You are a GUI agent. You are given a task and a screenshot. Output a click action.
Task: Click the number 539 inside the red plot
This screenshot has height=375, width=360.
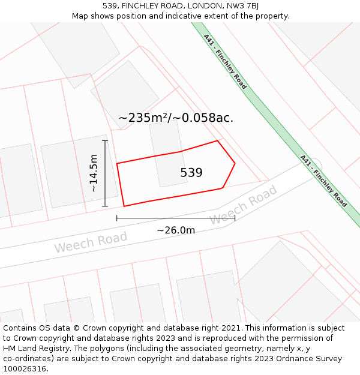pyautogui.click(x=191, y=173)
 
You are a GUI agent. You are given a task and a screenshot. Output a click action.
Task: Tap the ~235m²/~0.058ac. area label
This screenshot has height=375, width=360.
pyautogui.click(x=176, y=118)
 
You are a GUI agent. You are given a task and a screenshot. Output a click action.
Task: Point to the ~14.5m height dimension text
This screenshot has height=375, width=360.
pyautogui.click(x=94, y=173)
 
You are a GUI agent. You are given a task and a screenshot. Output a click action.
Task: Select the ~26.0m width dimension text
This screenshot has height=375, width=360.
pyautogui.click(x=176, y=230)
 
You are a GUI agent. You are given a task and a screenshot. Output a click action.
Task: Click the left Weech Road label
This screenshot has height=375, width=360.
pyautogui.click(x=91, y=242)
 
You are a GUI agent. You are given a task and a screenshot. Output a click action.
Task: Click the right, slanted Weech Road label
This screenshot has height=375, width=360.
pyautogui.click(x=243, y=205)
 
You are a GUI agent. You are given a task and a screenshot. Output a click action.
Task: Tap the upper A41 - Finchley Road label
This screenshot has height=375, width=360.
pyautogui.click(x=225, y=62)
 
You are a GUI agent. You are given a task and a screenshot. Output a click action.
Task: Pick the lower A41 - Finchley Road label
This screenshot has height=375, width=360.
pyautogui.click(x=323, y=181)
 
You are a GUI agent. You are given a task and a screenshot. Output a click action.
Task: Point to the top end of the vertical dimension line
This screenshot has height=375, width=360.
pyautogui.click(x=105, y=141)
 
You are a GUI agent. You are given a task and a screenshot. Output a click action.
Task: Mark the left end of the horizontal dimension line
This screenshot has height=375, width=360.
pyautogui.click(x=117, y=218)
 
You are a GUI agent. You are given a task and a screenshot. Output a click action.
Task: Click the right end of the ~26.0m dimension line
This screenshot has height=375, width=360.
pyautogui.click(x=235, y=218)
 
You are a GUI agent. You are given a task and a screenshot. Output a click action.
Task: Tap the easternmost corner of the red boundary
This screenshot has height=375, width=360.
pyautogui.click(x=235, y=163)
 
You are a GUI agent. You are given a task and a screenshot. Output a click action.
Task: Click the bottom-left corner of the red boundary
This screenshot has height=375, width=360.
pyautogui.click(x=124, y=206)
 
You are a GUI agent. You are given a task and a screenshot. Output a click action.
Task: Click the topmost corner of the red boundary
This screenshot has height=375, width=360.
pyautogui.click(x=217, y=141)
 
